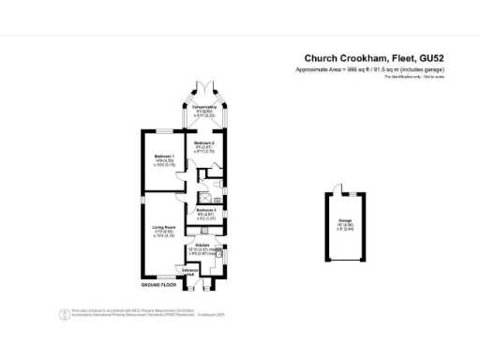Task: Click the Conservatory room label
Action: pos(204,108)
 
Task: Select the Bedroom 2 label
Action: pos(204,142)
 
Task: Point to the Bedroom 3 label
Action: pos(205,209)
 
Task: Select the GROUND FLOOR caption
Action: pos(159,284)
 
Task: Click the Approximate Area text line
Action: pos(369,70)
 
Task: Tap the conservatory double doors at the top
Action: pos(204,90)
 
